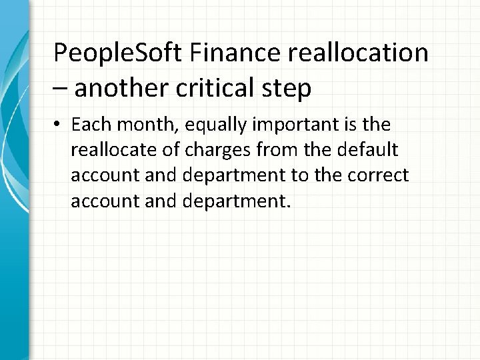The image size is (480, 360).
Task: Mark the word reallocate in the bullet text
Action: point(113,151)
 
